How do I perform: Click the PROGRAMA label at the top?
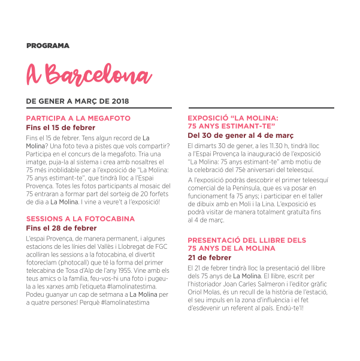click(x=48, y=46)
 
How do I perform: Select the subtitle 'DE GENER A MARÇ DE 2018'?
click(x=77, y=101)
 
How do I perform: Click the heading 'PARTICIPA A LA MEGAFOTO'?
click(x=78, y=119)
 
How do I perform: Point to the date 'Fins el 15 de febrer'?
click(x=60, y=128)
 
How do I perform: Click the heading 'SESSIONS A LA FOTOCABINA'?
click(x=80, y=219)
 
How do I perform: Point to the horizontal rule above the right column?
click(x=253, y=108)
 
